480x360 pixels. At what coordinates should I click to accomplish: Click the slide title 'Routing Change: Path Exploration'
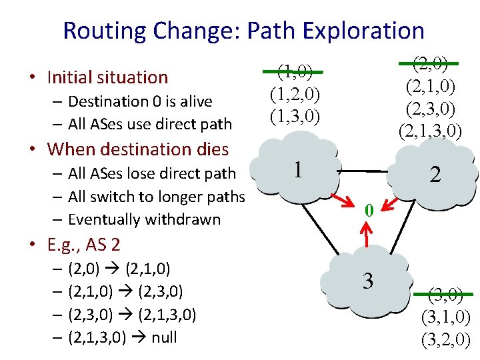click(x=243, y=31)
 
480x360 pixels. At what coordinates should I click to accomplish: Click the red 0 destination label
click(x=367, y=210)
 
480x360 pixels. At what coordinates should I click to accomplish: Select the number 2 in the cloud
click(x=435, y=175)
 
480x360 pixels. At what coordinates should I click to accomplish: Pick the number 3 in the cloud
click(x=367, y=281)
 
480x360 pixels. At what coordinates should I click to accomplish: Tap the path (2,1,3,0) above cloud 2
click(x=430, y=130)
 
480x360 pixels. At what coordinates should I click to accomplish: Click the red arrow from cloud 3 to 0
click(x=366, y=233)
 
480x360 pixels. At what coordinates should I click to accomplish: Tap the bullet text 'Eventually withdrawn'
click(x=145, y=219)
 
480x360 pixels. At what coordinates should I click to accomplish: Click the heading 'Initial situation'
click(x=107, y=77)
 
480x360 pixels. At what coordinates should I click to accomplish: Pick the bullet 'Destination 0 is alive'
click(x=140, y=101)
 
